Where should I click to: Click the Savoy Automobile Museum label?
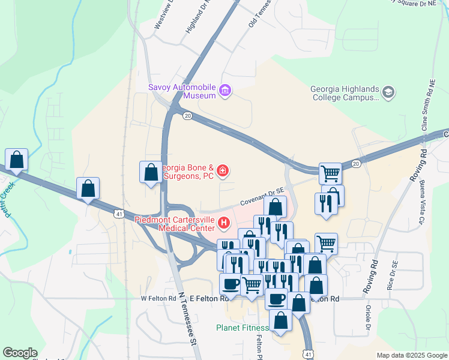tap(182, 91)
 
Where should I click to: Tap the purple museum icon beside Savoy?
tap(226, 91)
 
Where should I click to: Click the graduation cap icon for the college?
tap(388, 92)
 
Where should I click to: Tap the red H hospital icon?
tap(224, 224)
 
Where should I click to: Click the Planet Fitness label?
tap(243, 328)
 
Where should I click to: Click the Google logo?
tap(20, 353)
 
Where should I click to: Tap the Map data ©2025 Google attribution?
tap(412, 355)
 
